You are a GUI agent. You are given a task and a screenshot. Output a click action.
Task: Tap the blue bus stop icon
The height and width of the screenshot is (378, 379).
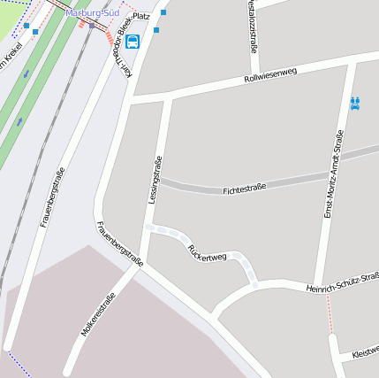click(x=133, y=42)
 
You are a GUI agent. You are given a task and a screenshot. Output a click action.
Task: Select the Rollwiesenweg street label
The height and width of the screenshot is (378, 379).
click(x=270, y=78)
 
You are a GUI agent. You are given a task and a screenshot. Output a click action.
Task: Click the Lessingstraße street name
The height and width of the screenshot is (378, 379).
click(x=155, y=180)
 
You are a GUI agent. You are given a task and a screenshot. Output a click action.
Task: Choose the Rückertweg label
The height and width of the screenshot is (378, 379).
click(x=208, y=251)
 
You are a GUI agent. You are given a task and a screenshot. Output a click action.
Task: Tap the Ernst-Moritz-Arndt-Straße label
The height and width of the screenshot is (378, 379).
click(x=333, y=174)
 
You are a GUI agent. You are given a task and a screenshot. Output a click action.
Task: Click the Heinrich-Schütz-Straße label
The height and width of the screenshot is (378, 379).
click(x=343, y=282)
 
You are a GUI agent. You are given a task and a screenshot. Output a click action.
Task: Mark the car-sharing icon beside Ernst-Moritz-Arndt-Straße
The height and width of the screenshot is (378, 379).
click(x=355, y=104)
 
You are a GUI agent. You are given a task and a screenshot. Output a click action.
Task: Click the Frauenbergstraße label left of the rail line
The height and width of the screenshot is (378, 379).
click(x=52, y=197)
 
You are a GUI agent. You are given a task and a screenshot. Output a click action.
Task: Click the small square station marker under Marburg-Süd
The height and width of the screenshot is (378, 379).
click(x=92, y=26)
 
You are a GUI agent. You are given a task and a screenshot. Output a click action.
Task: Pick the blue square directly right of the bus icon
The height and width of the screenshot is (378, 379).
click(x=156, y=30)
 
